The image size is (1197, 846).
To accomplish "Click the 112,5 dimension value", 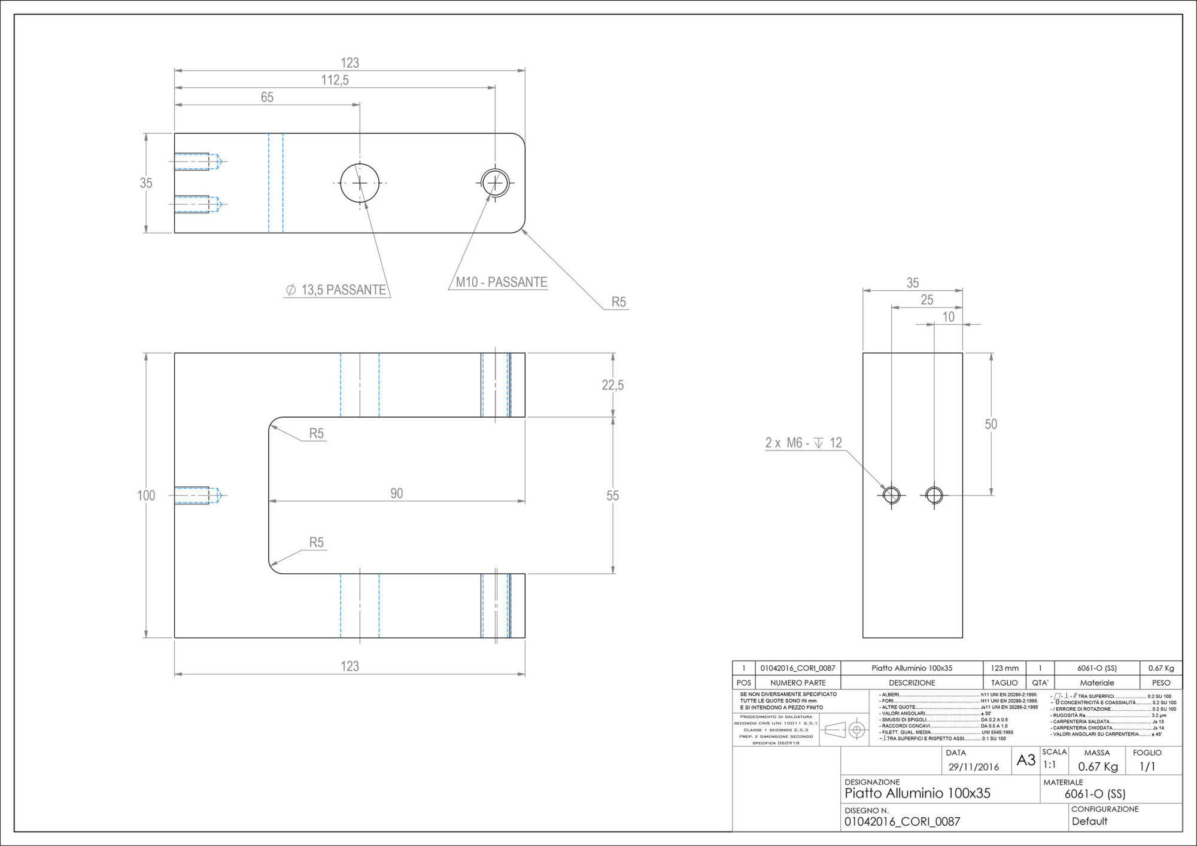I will point(335,80).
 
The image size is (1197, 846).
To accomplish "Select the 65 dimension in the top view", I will point(267,98).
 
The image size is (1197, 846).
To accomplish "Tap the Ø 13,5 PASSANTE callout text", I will point(337,290).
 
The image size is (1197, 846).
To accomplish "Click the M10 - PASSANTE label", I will point(502,282).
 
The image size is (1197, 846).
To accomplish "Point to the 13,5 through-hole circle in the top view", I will point(360,183).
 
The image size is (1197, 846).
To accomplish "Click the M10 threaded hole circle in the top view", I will point(495,183).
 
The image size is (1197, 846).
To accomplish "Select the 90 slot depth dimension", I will point(396,494).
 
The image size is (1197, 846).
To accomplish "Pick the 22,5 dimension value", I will point(612,385).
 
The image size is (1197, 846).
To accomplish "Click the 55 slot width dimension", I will point(612,495).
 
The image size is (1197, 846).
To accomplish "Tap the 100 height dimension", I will point(146,495).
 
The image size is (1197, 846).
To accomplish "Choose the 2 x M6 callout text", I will point(803,443).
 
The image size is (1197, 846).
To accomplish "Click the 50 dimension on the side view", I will point(991,424).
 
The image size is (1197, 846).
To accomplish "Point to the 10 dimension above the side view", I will point(948,317).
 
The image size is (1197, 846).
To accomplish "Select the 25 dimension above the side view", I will point(926,300).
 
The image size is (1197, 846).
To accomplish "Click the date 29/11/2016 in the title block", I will point(973,767).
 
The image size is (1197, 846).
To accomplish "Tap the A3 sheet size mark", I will point(1026,760).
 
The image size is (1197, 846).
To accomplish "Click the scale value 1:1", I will point(1049,765).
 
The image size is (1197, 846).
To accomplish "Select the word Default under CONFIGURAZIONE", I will point(1089,821).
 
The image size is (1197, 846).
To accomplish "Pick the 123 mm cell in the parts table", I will point(1004,668).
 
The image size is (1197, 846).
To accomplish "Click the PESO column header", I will point(1160,683).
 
